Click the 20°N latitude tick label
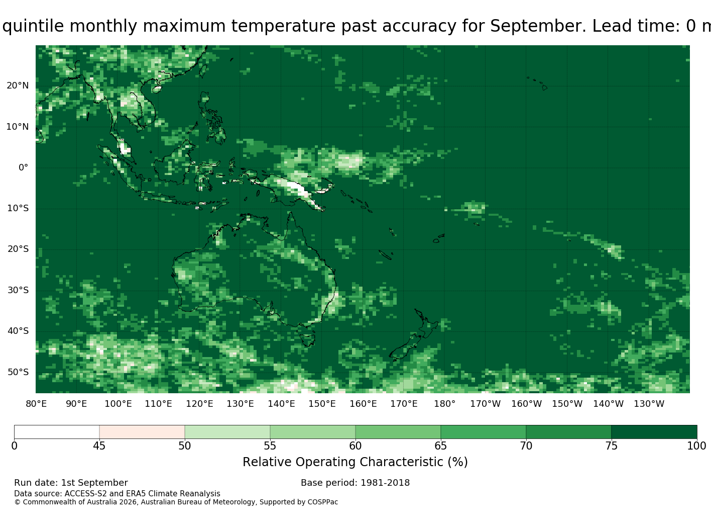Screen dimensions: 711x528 18,85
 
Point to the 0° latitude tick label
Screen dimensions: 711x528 24,167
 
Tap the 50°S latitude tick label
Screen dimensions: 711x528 18,372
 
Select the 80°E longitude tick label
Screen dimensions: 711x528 36,404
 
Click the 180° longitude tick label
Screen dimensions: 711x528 444,404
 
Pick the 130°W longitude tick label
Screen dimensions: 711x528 649,404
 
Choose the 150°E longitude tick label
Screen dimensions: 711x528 322,404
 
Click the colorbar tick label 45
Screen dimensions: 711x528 99,446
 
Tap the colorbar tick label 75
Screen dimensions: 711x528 611,446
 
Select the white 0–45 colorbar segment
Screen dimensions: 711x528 57,432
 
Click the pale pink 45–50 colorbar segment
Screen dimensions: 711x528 142,432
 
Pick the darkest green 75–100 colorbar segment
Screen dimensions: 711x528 654,432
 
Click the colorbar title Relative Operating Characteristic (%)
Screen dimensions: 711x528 355,462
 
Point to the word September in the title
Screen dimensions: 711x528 538,26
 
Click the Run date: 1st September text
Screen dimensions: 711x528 71,483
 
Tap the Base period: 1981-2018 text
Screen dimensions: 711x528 355,483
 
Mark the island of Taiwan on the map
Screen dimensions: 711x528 203,71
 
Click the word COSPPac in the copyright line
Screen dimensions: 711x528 323,502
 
